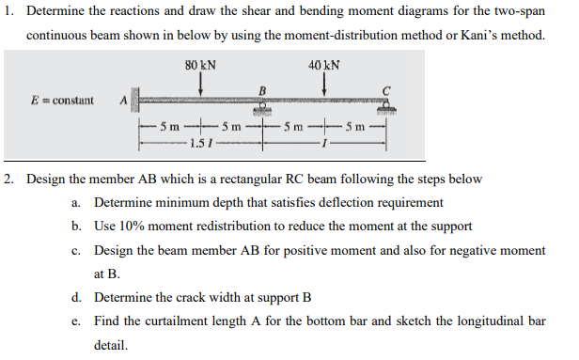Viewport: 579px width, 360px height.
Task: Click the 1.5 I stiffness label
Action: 199,143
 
